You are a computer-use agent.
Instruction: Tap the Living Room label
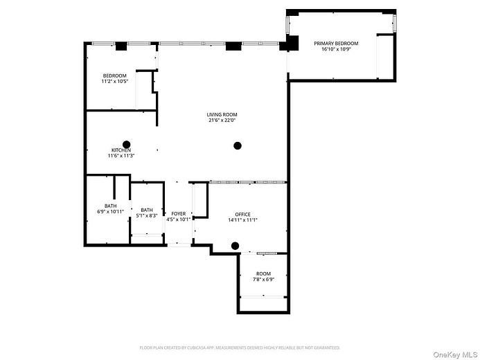click(x=222, y=114)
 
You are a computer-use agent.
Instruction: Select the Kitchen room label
click(x=121, y=150)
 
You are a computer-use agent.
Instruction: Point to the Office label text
click(x=242, y=215)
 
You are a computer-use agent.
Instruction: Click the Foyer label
click(x=179, y=214)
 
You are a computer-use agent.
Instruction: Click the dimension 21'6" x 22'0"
click(x=222, y=120)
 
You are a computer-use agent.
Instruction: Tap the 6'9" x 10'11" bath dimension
click(x=110, y=211)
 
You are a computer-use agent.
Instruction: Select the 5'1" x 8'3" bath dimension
click(x=147, y=215)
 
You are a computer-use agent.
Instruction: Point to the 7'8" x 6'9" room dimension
click(x=263, y=280)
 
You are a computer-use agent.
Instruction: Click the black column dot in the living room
click(x=238, y=145)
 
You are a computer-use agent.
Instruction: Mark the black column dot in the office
click(x=235, y=245)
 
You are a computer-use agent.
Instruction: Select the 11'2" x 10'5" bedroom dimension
click(x=115, y=82)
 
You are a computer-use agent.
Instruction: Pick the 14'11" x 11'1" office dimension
click(x=242, y=220)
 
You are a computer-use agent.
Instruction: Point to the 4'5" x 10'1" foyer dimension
click(x=179, y=219)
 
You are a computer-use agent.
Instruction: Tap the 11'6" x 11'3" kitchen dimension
click(x=121, y=156)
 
